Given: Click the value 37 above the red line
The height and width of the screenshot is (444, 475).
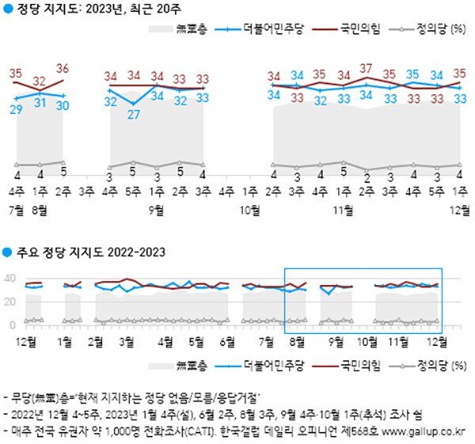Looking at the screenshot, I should click(x=366, y=68).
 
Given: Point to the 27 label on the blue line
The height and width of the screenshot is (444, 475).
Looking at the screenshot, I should click(x=134, y=114).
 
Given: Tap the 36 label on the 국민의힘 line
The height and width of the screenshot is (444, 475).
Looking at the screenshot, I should click(x=63, y=68).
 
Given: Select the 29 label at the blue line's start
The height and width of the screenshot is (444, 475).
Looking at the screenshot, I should click(x=16, y=109).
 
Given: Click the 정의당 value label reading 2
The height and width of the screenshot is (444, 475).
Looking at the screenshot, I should click(x=366, y=175).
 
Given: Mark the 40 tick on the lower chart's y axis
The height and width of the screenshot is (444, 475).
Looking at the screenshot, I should click(x=10, y=278).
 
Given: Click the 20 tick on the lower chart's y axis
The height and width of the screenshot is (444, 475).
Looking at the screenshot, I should click(x=10, y=302).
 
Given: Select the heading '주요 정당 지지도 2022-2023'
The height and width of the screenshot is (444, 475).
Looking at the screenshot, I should click(x=89, y=253).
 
